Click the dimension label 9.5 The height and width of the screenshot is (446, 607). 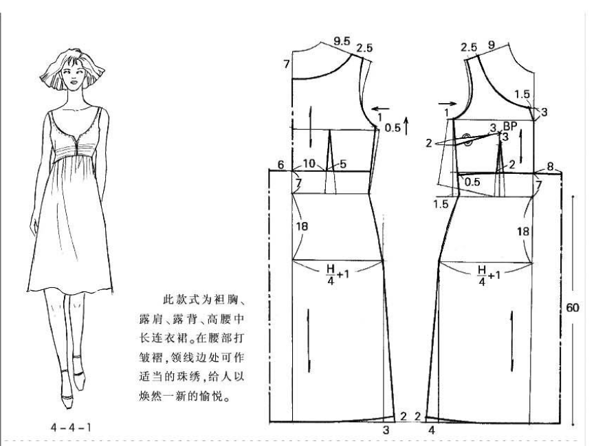click(x=342, y=41)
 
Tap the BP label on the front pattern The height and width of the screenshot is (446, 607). click(x=510, y=126)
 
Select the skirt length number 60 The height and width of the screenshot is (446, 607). click(x=573, y=308)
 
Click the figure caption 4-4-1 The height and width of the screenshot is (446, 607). click(x=71, y=427)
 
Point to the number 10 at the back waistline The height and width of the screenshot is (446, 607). click(x=309, y=164)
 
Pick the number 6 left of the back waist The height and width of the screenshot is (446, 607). click(x=280, y=165)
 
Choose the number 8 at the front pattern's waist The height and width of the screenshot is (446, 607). click(x=550, y=166)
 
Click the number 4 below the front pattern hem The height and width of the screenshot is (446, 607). click(x=432, y=430)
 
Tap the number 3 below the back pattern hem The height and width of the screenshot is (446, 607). click(x=386, y=430)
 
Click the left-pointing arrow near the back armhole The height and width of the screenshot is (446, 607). click(x=380, y=109)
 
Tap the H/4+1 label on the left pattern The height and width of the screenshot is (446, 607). click(x=338, y=274)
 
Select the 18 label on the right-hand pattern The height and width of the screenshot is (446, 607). click(x=522, y=232)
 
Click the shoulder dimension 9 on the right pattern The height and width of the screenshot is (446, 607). click(x=492, y=45)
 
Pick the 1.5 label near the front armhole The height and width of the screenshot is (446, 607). click(x=522, y=94)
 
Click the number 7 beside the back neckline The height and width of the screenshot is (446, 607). click(x=286, y=64)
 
